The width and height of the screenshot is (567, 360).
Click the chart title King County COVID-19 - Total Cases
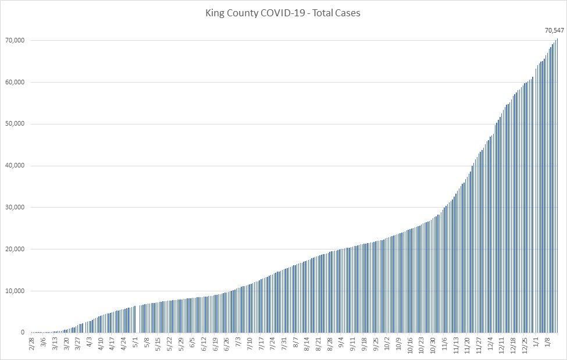[x=283, y=13]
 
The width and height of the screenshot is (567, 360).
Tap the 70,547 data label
[x=554, y=30]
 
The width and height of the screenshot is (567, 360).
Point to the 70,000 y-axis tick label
[x=12, y=40]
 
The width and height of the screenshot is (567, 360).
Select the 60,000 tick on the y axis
[x=12, y=82]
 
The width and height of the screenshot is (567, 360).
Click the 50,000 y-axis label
[x=12, y=124]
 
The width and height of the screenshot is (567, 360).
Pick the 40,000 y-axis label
[x=12, y=166]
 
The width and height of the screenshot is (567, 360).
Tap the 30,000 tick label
[x=12, y=208]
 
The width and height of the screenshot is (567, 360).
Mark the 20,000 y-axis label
[x=12, y=249]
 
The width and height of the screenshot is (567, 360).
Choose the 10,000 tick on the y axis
[x=12, y=291]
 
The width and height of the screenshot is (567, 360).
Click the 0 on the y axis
[x=22, y=333]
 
